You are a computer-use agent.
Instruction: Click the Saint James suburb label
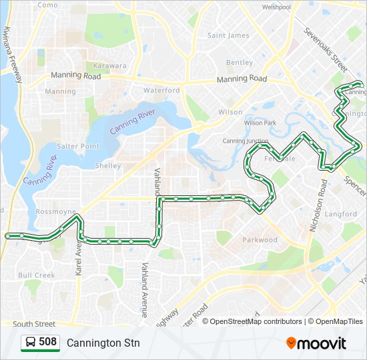[228, 35]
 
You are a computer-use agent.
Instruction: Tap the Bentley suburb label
[240, 63]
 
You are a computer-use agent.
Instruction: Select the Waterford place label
[161, 90]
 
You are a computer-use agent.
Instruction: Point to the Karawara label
[110, 66]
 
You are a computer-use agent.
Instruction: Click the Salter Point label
[78, 146]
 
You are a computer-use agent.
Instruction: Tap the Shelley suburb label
[108, 165]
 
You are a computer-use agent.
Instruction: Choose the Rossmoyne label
[56, 211]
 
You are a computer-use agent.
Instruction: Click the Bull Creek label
[37, 275]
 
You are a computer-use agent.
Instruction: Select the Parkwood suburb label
[260, 239]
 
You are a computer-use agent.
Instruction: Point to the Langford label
[341, 214]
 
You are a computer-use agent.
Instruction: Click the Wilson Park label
[260, 123]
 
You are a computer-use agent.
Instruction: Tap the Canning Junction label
[245, 141]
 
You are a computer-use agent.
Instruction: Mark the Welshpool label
[276, 7]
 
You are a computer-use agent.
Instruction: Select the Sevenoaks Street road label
[326, 50]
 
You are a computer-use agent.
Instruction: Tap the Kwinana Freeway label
[13, 55]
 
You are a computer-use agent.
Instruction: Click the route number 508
[47, 342]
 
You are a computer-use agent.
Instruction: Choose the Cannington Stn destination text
[103, 343]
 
